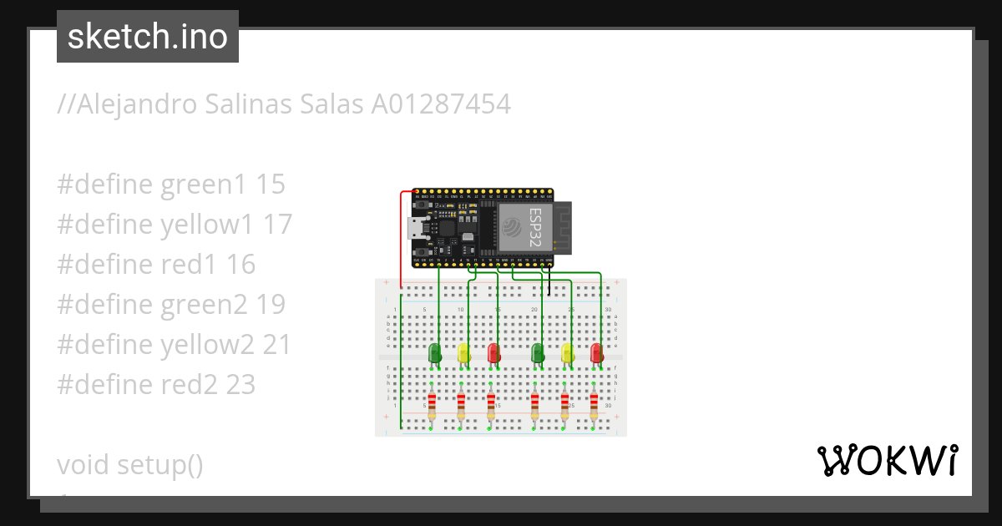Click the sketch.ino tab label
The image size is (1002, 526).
point(148,37)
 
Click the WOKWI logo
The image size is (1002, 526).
point(887,461)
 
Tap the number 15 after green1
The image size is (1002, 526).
point(271,185)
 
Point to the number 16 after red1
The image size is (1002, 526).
point(240,265)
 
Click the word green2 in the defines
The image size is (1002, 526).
point(204,305)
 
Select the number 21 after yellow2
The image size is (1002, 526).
point(276,344)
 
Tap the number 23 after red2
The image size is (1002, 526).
point(240,384)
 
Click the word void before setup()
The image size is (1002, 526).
point(83,464)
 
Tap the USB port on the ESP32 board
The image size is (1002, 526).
point(415,228)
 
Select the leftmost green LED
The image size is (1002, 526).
point(434,353)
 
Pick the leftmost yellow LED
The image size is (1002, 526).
point(463,353)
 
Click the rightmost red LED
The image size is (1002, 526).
point(596,353)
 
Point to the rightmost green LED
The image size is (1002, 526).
point(538,353)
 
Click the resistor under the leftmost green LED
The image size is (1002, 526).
point(432,406)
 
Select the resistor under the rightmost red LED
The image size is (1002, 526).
point(595,406)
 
